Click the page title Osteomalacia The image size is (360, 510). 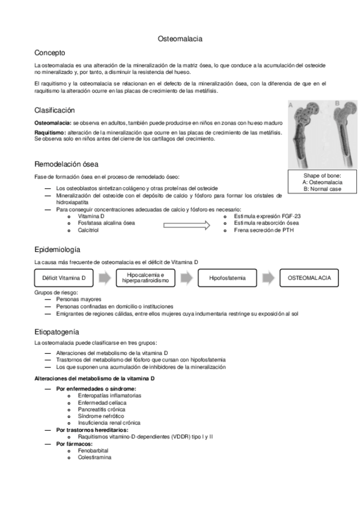click(180, 38)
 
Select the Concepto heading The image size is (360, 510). click(49, 53)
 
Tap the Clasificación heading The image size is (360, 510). click(55, 110)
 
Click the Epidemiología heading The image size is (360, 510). click(57, 250)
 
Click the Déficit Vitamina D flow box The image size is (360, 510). click(64, 278)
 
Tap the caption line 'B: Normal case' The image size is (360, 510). click(322, 189)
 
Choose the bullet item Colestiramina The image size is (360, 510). click(94, 456)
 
